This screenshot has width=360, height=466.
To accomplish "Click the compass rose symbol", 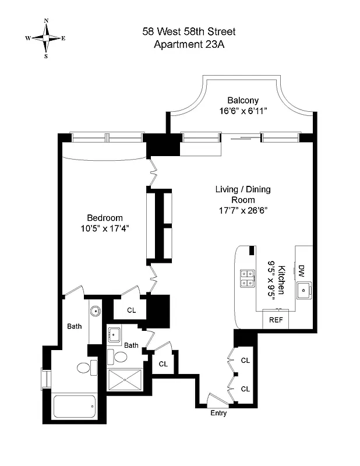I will pos(45,38).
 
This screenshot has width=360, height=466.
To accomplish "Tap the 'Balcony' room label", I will pos(243,100).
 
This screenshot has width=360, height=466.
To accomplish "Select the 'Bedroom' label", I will pos(105,218).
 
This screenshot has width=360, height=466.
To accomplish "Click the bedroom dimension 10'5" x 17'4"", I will pos(105,228).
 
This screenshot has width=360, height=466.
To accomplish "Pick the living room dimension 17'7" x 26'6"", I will pos(243,210).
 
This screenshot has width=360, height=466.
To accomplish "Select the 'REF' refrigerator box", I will pos(276,319).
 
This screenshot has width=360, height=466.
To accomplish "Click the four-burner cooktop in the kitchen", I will pos(246,278).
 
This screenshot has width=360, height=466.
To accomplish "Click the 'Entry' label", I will pos(218,414).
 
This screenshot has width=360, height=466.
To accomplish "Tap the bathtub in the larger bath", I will pos(74,405).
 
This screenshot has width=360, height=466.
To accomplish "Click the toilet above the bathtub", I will pos(83,368).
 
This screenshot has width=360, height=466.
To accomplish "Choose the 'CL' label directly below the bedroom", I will pos(131,310).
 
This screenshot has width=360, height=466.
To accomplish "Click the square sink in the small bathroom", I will pos(114,335).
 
